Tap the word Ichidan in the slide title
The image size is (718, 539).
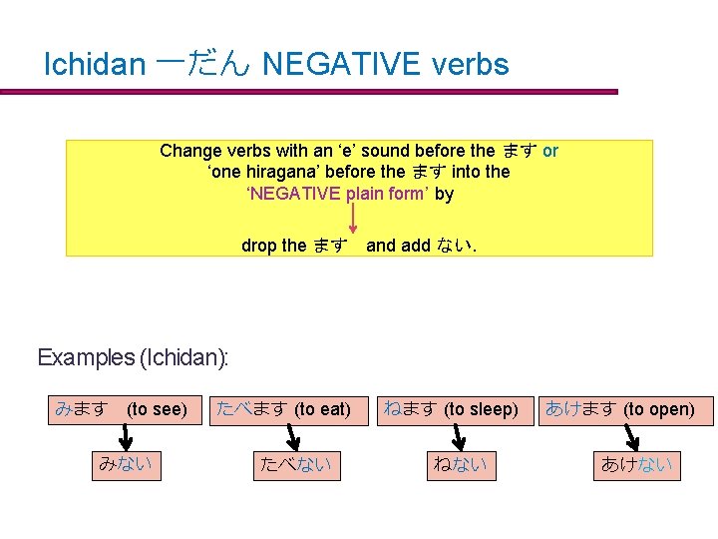95,65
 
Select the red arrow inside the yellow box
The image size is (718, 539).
352,216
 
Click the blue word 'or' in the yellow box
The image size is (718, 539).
550,151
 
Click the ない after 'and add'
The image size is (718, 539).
455,246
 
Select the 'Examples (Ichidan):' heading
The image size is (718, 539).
133,357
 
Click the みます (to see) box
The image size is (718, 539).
123,409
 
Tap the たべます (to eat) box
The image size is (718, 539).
284,409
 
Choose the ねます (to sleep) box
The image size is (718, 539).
452,409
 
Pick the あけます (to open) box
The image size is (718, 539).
620,409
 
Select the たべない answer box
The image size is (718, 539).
295,464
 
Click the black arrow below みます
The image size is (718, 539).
126,437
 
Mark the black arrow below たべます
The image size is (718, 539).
293,437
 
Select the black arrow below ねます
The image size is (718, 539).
460,437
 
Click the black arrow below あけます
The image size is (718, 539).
634,437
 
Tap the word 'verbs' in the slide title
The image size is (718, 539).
470,65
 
